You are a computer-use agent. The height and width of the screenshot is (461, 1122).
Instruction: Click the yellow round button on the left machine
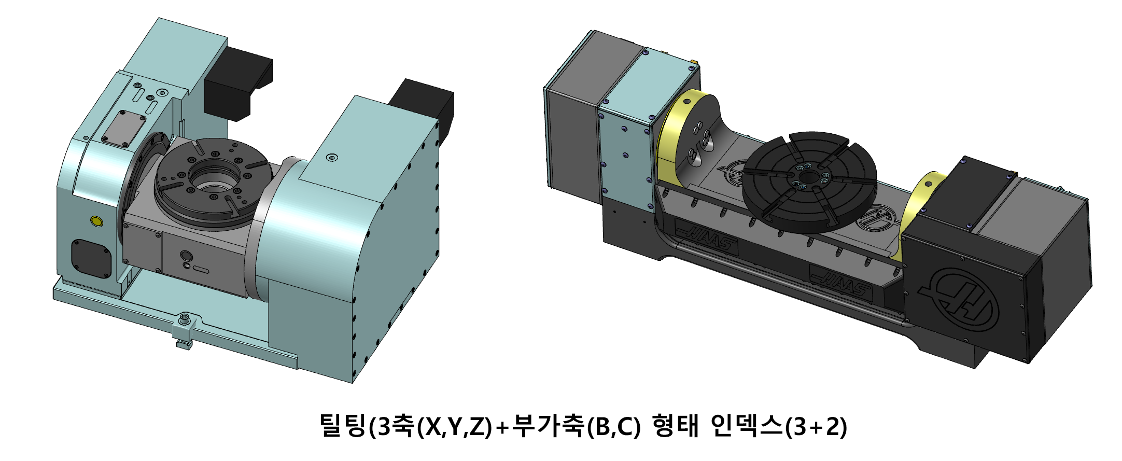[x=96, y=221]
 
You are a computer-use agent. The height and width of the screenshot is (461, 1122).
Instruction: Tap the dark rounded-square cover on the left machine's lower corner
[x=91, y=258]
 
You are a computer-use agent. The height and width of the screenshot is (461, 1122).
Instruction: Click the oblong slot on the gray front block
[x=201, y=270]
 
